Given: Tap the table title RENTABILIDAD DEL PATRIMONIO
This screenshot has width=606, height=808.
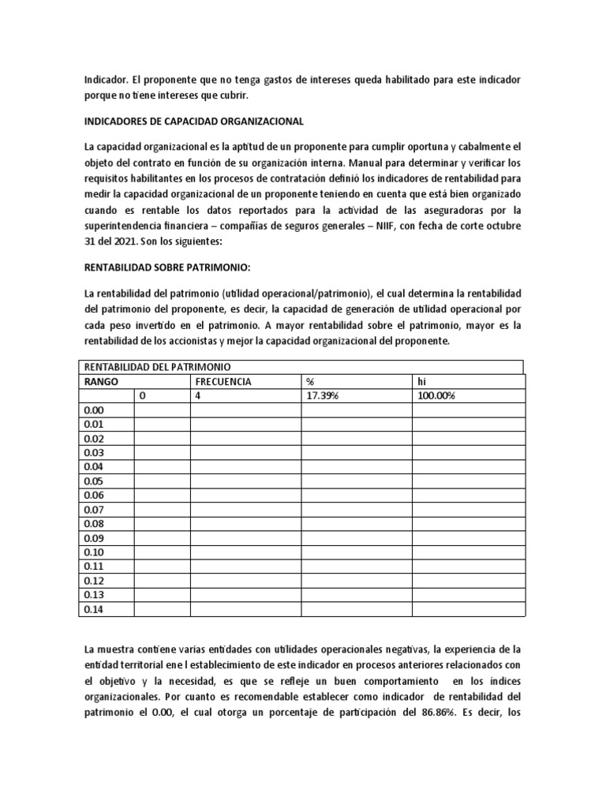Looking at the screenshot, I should (x=156, y=367).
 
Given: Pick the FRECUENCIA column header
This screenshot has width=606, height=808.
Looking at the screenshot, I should (x=223, y=381).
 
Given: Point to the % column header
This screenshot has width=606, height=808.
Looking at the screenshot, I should (x=310, y=381).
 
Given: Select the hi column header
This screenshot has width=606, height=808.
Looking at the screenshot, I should (x=421, y=381).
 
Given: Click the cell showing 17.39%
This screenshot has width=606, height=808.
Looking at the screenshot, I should (x=322, y=395).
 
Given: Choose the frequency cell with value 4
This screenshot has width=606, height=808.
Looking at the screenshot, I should (x=198, y=395).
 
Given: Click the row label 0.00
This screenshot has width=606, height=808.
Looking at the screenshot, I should (x=93, y=410).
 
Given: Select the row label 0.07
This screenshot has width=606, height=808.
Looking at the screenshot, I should (x=93, y=510).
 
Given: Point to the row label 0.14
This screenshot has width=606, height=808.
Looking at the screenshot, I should (x=93, y=609).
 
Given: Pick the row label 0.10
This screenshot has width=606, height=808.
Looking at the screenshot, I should (x=93, y=552).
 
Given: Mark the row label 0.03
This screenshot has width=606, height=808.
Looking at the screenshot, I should (x=93, y=453).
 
